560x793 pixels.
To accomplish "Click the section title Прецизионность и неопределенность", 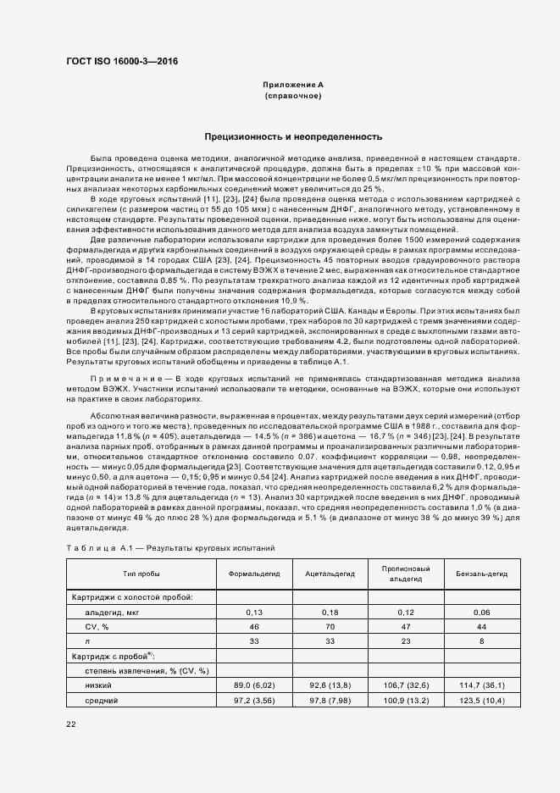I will pos(293,136).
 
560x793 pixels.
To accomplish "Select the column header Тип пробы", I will pos(141,573).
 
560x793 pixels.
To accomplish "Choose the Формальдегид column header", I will pos(252,573).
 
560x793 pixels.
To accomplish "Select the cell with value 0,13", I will pos(252,611).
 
